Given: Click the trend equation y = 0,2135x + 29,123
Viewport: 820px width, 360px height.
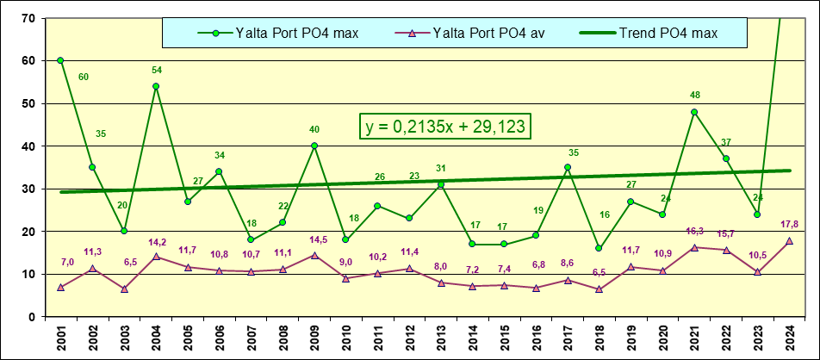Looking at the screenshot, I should [x=444, y=126].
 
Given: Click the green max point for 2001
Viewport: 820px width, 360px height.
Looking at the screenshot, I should [x=60, y=60].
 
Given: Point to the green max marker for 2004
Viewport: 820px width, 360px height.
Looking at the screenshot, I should [x=156, y=86].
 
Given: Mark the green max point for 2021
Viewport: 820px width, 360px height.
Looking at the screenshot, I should [x=694, y=112].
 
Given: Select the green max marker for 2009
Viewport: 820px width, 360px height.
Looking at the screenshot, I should [x=314, y=146].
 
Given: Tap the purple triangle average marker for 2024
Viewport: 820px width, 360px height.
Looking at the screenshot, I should [x=789, y=241].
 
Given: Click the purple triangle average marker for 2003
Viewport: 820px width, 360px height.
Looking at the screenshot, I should [x=124, y=289].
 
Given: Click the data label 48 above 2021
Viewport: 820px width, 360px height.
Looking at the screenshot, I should [x=695, y=96].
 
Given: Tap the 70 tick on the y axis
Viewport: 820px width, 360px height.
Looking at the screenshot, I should [x=28, y=18].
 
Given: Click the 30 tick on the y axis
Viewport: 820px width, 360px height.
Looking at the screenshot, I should [x=28, y=189].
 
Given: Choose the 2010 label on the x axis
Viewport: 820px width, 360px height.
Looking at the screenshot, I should [x=345, y=338].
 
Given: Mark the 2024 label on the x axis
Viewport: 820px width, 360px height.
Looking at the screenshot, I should [x=789, y=338].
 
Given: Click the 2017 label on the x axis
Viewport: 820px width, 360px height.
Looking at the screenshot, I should [x=568, y=338].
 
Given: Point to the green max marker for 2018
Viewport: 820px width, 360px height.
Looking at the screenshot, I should [x=599, y=248].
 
